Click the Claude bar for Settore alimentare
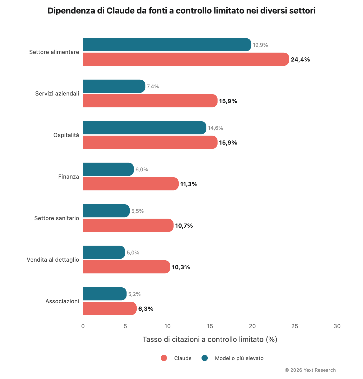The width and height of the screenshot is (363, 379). point(186,59)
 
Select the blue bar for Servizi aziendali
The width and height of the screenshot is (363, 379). point(114,86)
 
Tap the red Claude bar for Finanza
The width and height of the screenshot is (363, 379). point(131,184)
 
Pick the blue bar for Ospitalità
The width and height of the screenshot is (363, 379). point(144,128)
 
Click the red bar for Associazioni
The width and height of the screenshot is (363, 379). point(109,308)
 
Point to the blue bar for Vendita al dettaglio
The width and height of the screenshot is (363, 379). point(104,252)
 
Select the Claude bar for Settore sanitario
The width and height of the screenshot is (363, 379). point(128,225)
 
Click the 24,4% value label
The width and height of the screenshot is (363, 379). point(300,60)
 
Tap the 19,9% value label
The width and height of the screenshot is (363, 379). point(260,45)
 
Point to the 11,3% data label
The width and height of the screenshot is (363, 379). point(189,184)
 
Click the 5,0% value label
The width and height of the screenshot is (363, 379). point(133,253)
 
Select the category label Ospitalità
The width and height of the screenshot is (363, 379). point(66,135)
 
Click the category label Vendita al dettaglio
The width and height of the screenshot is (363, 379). point(53,260)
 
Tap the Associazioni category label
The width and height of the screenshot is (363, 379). point(62,301)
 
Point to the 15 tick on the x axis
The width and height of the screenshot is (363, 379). point(210,326)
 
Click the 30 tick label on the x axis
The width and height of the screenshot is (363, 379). point(337,326)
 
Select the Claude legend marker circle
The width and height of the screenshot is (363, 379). point(164,358)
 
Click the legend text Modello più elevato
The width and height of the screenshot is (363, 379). point(239,358)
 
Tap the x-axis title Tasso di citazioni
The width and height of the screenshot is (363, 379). point(210,340)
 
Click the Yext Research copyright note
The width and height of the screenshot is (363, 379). point(310,370)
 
